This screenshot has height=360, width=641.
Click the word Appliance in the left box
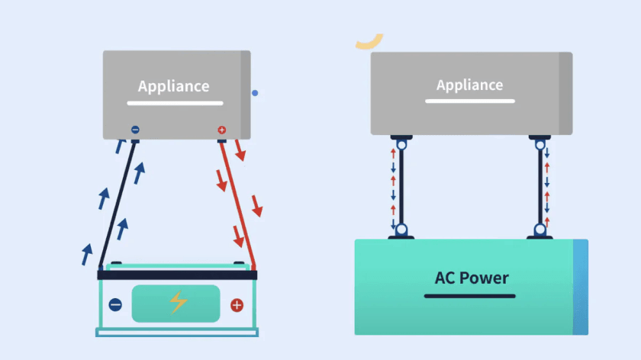(x=173, y=86)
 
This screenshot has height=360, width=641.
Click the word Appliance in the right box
(x=469, y=84)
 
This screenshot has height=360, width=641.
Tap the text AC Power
(x=471, y=277)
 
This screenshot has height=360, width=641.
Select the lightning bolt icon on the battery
(x=178, y=303)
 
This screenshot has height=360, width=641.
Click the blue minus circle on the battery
(x=115, y=305)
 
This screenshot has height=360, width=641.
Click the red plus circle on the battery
(x=237, y=305)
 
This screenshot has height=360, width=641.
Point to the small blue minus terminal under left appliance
(x=135, y=130)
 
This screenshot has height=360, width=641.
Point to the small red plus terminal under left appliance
(x=222, y=130)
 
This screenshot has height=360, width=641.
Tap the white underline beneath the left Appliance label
(x=175, y=103)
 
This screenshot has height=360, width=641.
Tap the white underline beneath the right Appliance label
(x=469, y=101)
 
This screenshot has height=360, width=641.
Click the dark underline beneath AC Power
(x=469, y=295)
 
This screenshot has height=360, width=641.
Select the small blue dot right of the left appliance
(x=255, y=93)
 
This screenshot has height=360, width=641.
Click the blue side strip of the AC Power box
(x=580, y=287)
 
